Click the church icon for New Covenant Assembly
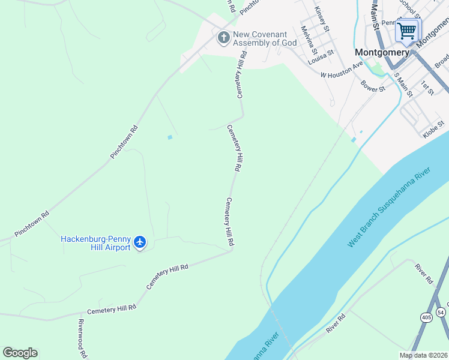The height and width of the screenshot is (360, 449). pos(223,38)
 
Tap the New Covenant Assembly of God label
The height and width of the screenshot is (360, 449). pos(264,38)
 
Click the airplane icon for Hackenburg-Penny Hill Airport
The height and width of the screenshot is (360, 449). pos(140,242)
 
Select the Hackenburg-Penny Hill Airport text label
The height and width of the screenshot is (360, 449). pos(95,243)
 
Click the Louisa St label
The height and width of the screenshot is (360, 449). pos(321,58)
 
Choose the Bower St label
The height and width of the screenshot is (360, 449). pos(373,85)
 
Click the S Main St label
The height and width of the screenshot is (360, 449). pos(403,85)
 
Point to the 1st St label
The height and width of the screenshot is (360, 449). pos(427,87)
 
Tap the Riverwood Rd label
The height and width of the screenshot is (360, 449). pos(81,337)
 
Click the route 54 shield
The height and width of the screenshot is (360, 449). pos(441,312)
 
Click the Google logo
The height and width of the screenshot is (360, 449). pos(20,352)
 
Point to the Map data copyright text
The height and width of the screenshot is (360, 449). pos(423,355)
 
